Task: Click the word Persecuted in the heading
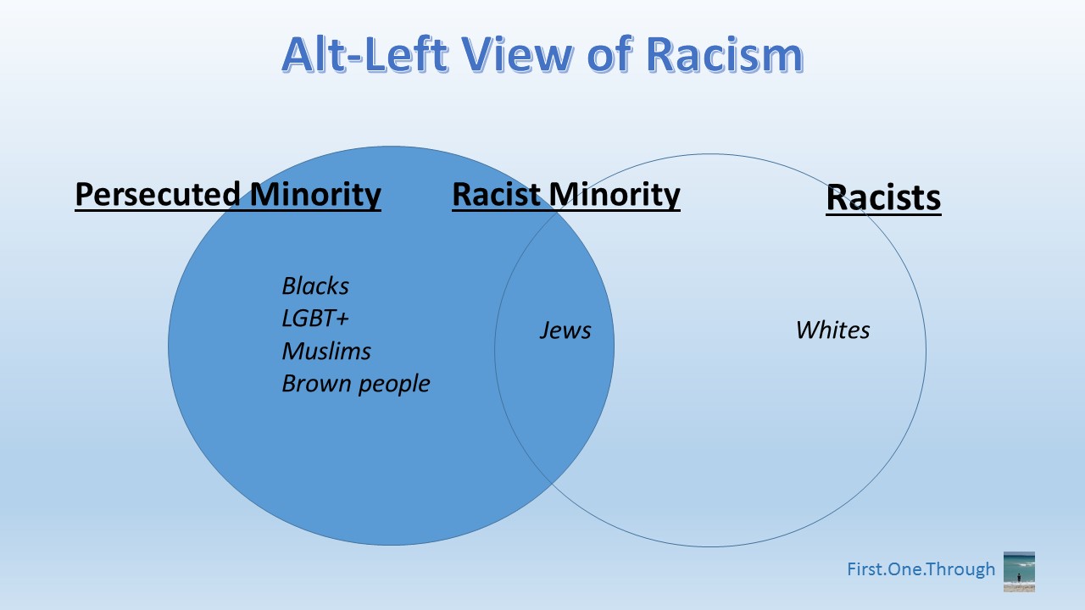(158, 195)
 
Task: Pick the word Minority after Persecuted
(315, 196)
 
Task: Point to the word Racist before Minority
(496, 195)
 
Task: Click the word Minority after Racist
(615, 196)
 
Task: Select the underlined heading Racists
(883, 197)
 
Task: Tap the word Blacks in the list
(315, 286)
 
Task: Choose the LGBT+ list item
(314, 318)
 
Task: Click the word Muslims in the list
(326, 351)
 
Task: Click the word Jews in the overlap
(565, 330)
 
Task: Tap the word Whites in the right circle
(832, 330)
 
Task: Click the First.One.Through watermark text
(921, 569)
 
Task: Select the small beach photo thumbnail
(1019, 571)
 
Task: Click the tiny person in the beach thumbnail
(1019, 578)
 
